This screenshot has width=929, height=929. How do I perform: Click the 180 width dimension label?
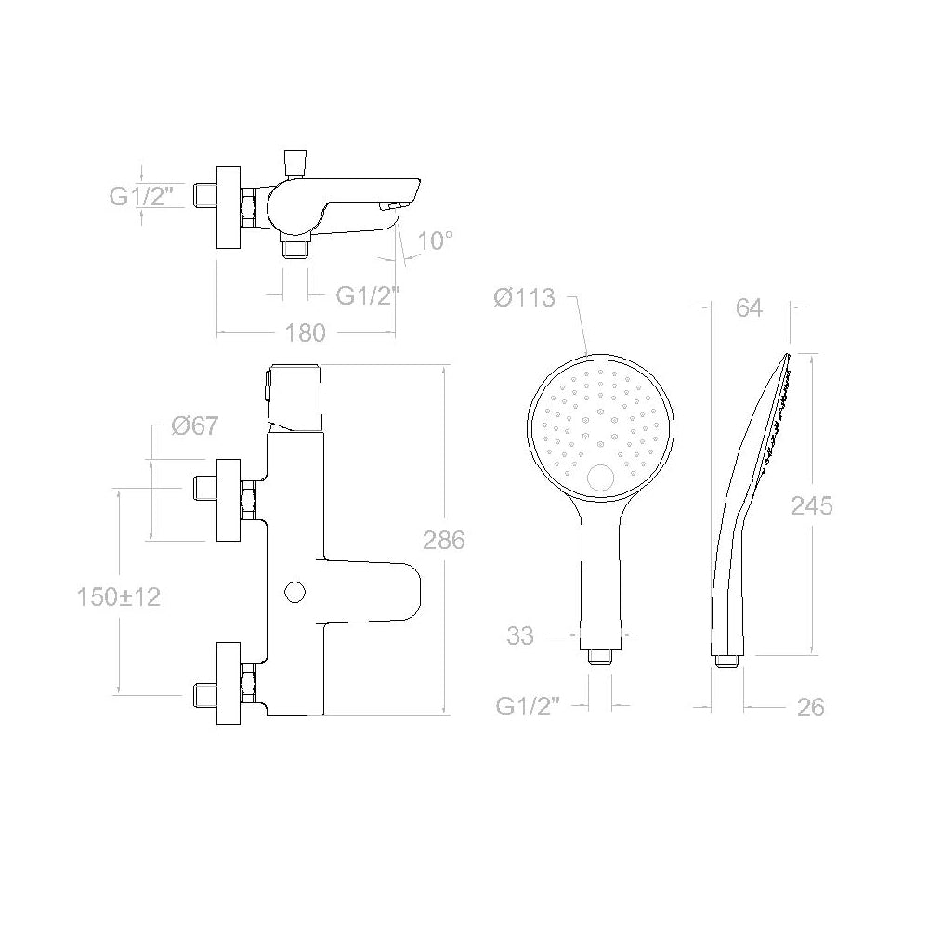pyautogui.click(x=307, y=333)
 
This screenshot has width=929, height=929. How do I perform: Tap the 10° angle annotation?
pyautogui.click(x=435, y=242)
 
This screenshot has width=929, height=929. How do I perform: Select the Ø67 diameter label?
pyautogui.click(x=195, y=426)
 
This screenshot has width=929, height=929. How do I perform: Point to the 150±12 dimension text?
pyautogui.click(x=118, y=596)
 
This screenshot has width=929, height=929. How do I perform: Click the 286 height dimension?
pyautogui.click(x=443, y=540)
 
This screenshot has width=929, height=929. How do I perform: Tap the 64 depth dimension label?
pyautogui.click(x=748, y=308)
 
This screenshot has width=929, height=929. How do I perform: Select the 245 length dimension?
pyautogui.click(x=811, y=505)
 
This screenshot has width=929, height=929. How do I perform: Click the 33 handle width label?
pyautogui.click(x=520, y=636)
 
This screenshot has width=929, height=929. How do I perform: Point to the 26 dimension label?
pyautogui.click(x=810, y=707)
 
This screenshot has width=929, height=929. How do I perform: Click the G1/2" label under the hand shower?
pyautogui.click(x=530, y=707)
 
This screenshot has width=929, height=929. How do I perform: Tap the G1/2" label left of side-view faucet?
pyautogui.click(x=143, y=196)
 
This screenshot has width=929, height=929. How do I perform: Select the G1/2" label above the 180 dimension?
pyautogui.click(x=368, y=295)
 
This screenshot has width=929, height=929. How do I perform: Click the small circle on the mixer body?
pyautogui.click(x=295, y=591)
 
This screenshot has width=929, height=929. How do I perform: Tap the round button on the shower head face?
pyautogui.click(x=601, y=478)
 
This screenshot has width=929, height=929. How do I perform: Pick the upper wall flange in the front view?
pyautogui.click(x=228, y=500)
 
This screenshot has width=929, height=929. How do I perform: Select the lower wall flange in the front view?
pyautogui.click(x=228, y=684)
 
